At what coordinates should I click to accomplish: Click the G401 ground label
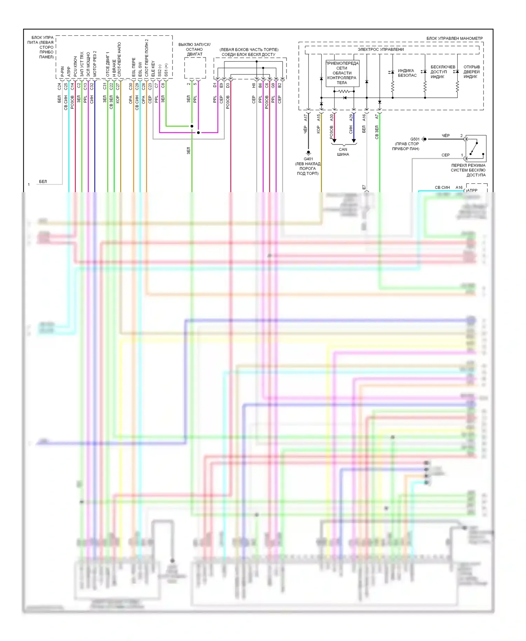click(308, 159)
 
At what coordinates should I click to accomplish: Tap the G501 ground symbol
click(425, 139)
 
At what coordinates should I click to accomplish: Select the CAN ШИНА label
click(343, 152)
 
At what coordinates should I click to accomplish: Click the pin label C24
click(59, 86)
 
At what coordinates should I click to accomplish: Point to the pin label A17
click(306, 117)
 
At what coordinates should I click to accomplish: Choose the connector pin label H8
click(254, 85)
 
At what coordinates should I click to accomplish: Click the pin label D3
click(228, 85)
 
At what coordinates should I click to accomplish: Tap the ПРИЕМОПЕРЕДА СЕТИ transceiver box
click(342, 73)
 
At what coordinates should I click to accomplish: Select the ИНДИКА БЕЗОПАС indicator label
click(407, 73)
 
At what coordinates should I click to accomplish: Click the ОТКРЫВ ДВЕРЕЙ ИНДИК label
click(471, 72)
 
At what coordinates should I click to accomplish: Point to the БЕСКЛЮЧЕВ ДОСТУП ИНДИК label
click(443, 72)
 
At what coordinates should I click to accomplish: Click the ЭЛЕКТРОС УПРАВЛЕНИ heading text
click(380, 49)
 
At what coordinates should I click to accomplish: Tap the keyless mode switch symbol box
click(476, 148)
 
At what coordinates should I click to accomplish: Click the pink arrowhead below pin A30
click(334, 141)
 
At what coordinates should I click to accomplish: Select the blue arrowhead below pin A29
click(354, 141)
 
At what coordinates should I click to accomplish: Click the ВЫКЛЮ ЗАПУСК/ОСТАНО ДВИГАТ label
click(194, 49)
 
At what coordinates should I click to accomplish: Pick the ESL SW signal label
click(140, 69)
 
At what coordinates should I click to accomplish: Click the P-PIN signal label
click(62, 72)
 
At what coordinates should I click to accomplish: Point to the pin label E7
click(364, 188)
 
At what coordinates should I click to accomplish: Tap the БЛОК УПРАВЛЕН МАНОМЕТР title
click(454, 38)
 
